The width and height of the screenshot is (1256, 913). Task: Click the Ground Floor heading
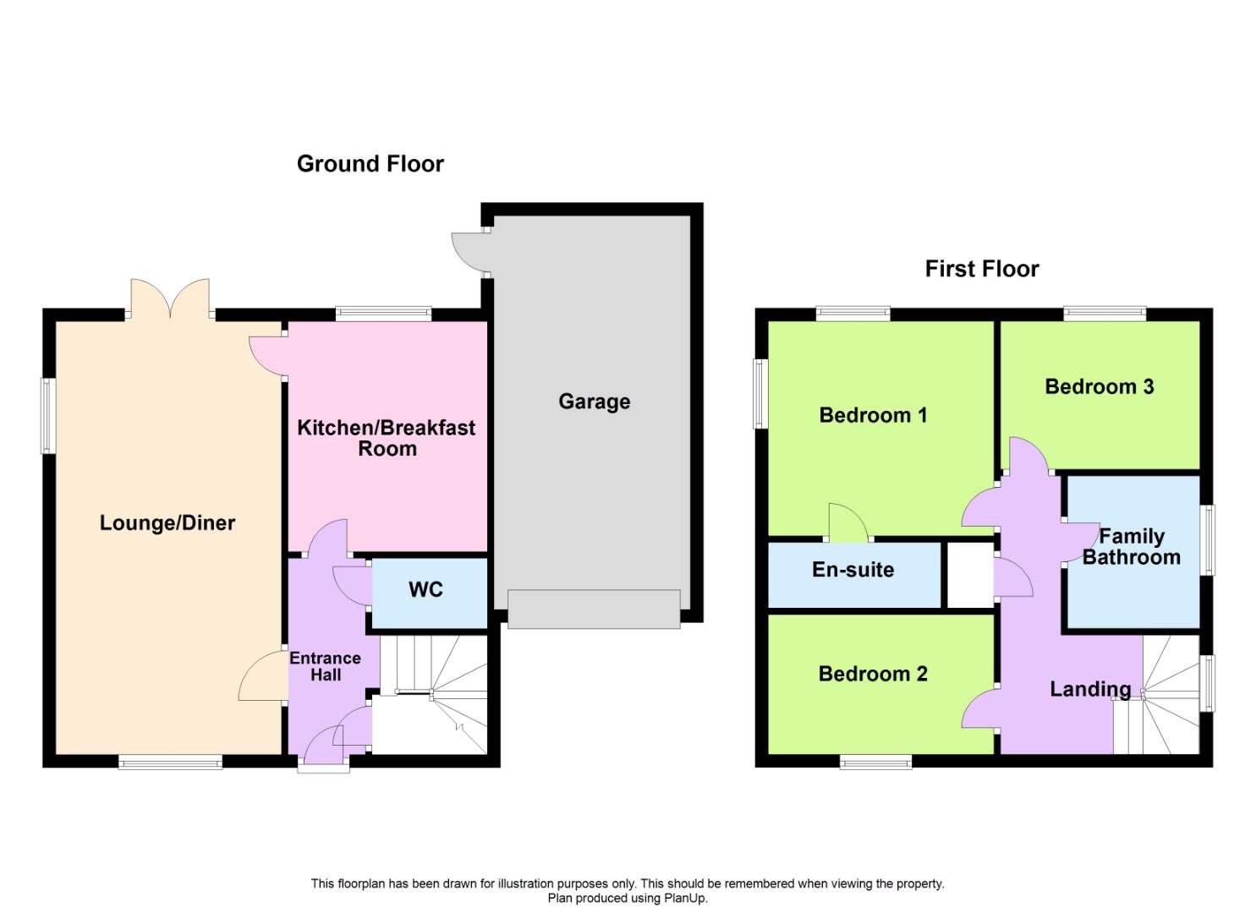(370, 164)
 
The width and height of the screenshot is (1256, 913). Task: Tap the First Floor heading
(982, 269)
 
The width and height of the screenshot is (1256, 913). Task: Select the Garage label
(594, 402)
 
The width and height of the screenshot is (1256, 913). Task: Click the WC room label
(425, 589)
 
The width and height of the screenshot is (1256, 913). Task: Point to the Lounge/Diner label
(167, 523)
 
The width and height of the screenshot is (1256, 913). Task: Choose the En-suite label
(853, 570)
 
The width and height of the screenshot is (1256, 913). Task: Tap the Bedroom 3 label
(1100, 386)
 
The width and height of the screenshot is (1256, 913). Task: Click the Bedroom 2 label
(873, 674)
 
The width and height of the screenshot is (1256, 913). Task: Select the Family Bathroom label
(1132, 546)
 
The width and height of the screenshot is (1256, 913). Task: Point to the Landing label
(1090, 690)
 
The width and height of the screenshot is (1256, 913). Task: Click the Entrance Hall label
(326, 666)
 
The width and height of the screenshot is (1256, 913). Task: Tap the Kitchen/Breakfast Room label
(387, 438)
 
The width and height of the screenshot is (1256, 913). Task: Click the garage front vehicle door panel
(594, 609)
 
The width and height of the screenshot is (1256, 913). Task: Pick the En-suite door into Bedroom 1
(847, 523)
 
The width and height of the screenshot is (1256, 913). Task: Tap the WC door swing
(352, 586)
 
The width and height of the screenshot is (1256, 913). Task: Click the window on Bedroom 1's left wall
(760, 394)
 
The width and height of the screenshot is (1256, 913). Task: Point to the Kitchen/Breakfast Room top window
(383, 314)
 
